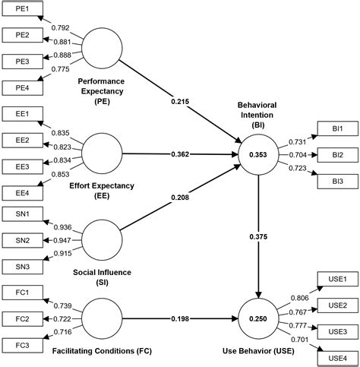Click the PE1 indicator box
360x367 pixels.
(23, 11)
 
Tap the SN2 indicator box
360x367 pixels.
(23, 240)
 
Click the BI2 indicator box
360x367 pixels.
(336, 155)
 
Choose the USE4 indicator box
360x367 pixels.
(336, 357)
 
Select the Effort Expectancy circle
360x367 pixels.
(103, 153)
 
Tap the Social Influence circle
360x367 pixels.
(103, 240)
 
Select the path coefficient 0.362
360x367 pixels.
(182, 154)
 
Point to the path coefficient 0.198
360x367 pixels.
(182, 318)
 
